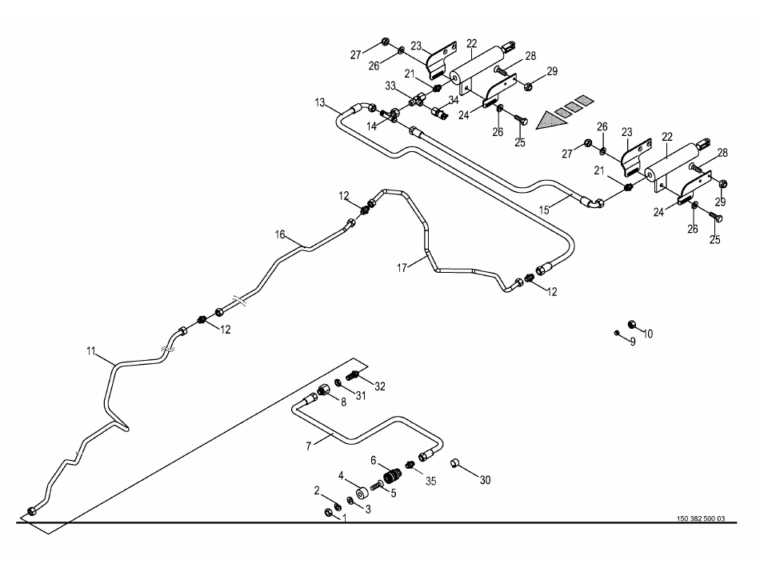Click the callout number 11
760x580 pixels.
click(x=90, y=350)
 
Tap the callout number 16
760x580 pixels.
click(x=280, y=234)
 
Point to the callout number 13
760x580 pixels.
click(x=320, y=102)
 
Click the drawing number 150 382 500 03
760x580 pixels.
click(x=698, y=518)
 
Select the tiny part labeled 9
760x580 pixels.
click(x=617, y=331)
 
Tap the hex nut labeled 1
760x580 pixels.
click(x=329, y=513)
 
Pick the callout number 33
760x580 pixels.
click(x=390, y=86)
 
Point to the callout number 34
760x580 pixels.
click(x=453, y=99)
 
